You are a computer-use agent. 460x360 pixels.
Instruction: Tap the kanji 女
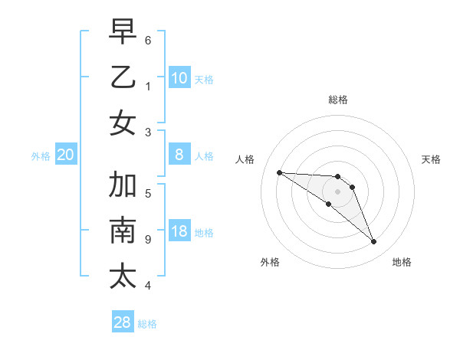point(123,123)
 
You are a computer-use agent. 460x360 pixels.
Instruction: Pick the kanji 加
point(123,185)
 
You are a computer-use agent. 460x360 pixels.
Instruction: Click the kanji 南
point(123,231)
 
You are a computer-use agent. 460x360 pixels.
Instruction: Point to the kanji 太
point(123,275)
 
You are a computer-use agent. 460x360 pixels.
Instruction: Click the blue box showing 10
point(179,78)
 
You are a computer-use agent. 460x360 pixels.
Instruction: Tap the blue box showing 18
point(179,232)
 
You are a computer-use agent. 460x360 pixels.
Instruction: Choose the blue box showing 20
point(65,155)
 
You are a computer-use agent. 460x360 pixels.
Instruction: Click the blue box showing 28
point(123,322)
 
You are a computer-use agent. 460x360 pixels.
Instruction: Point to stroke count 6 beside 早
point(148,40)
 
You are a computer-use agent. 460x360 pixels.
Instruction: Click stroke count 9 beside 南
point(148,240)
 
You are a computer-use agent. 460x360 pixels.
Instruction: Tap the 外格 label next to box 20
point(41,156)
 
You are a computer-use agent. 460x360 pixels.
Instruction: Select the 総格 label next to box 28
point(147,324)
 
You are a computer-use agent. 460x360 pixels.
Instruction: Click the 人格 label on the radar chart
point(245,159)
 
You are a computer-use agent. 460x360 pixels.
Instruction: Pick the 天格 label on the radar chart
point(431,159)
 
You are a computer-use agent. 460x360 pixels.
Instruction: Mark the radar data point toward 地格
point(374,242)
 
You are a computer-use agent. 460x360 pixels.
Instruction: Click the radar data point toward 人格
point(279,172)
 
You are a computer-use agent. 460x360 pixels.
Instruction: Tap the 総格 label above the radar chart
point(338,100)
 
